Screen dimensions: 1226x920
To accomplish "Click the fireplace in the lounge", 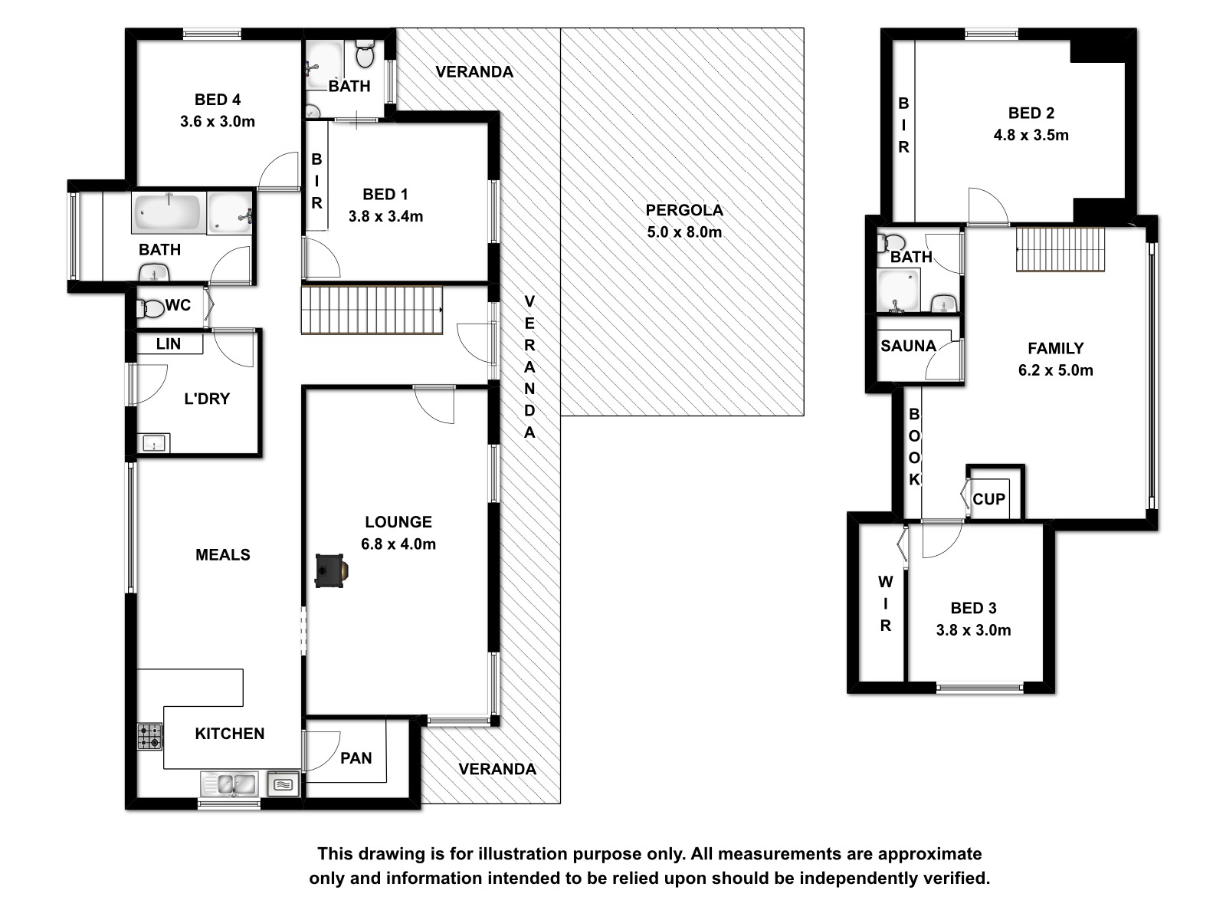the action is click(332, 570).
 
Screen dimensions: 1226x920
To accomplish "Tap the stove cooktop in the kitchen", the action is click(149, 736).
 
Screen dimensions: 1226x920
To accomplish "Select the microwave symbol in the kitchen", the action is click(284, 784).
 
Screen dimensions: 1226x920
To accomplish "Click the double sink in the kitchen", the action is click(230, 784).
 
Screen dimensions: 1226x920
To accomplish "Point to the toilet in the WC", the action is click(152, 307).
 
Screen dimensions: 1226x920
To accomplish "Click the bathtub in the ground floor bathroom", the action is click(169, 212).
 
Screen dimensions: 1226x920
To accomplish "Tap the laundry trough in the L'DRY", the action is click(153, 443).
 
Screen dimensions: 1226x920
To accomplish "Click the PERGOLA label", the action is click(684, 210).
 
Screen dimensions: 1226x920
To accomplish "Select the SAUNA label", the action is click(908, 346).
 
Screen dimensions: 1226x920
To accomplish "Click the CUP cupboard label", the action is click(988, 499).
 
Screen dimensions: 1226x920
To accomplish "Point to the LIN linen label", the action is click(168, 343).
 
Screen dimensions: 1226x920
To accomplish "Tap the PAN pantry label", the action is click(356, 758).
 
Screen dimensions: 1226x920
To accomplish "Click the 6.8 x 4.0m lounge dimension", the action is click(398, 544).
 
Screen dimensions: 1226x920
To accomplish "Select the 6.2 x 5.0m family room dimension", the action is click(1055, 370).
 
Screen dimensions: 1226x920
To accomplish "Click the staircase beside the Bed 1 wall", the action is click(372, 310).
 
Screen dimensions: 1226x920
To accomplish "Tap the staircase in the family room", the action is click(1060, 249).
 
